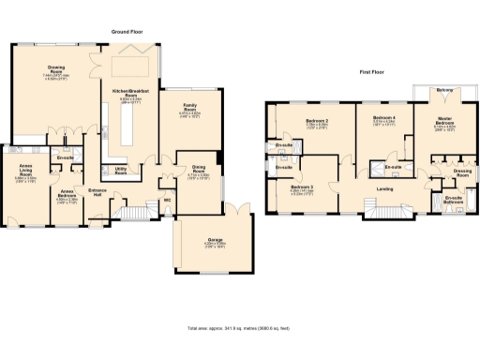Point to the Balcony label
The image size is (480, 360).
(444, 91)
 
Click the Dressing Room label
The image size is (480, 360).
(461, 172)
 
